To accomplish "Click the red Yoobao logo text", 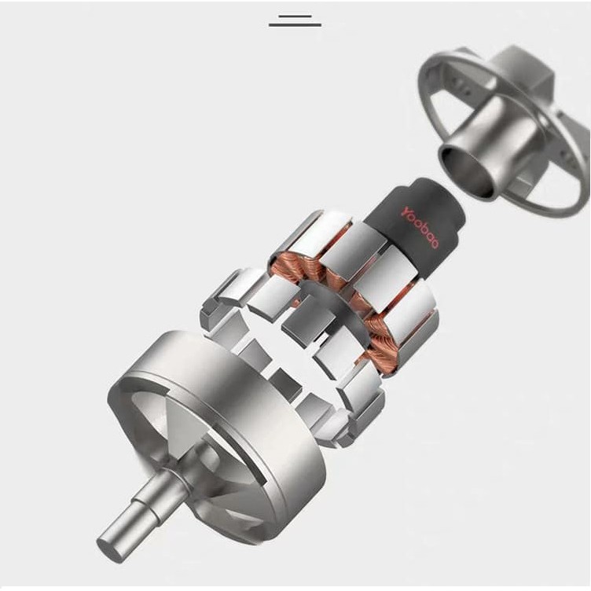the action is (420, 227).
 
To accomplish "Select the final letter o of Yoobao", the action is (434, 244).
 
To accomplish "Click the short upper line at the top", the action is (295, 17).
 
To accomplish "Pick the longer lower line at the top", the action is (295, 25).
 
